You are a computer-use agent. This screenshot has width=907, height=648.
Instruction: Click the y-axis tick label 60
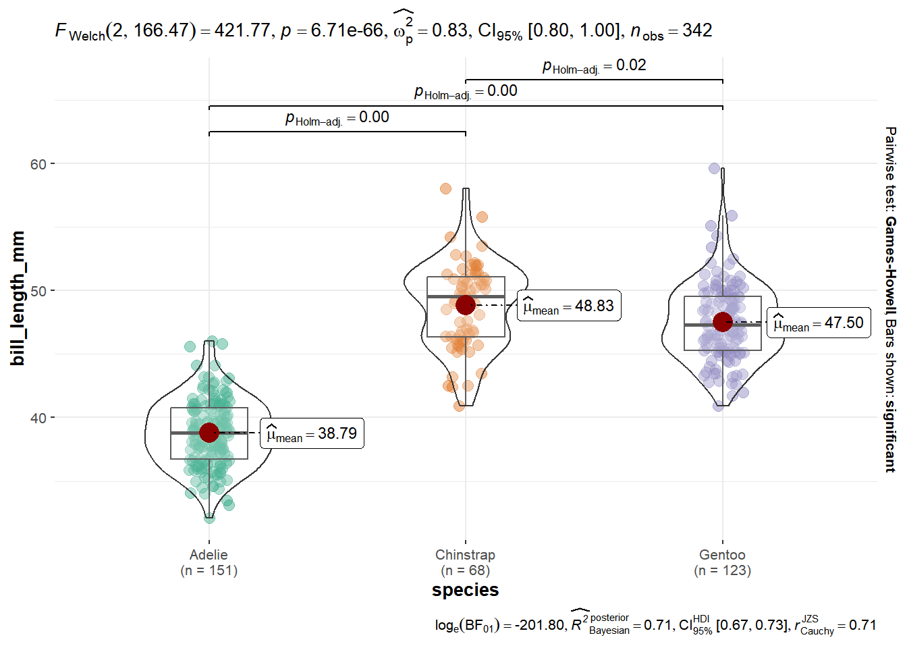tap(38, 164)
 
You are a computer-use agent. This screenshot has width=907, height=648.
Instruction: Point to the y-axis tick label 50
tap(38, 291)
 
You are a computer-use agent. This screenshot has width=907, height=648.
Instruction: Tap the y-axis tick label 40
tap(38, 418)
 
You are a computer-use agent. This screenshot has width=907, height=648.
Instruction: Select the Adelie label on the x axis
tap(209, 555)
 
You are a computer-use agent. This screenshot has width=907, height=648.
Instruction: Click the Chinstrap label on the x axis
tap(465, 555)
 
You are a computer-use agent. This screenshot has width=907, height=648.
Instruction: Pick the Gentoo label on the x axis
tap(722, 555)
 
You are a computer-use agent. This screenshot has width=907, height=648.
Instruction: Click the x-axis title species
tap(465, 590)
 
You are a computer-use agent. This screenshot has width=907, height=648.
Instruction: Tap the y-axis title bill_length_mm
tap(18, 298)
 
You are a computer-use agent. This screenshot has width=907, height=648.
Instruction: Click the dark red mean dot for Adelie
tap(209, 433)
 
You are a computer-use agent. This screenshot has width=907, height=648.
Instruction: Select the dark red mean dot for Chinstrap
tap(465, 305)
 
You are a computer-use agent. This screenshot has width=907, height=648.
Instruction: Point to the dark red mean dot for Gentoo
tap(723, 322)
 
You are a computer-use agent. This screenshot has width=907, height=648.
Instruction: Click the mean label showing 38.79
tap(312, 434)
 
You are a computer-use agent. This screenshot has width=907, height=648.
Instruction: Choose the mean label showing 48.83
tap(569, 306)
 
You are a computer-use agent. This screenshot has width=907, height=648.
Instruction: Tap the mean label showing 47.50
tap(819, 323)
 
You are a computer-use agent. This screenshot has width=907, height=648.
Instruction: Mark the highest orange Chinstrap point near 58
tap(445, 188)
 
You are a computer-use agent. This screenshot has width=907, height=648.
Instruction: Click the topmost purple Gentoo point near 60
tap(715, 168)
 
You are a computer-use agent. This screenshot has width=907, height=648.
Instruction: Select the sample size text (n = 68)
tap(465, 570)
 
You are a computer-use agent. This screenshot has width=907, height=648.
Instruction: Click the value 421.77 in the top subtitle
tap(243, 30)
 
